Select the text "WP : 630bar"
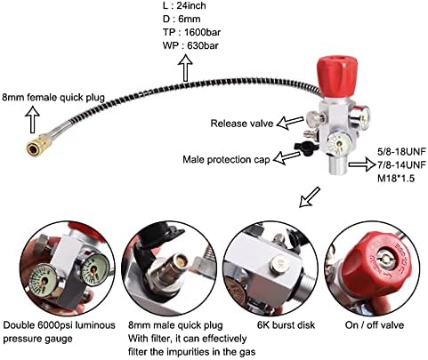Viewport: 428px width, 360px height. [x=190, y=45]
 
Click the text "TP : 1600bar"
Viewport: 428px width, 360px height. [x=191, y=32]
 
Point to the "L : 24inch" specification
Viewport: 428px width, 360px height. [x=184, y=5]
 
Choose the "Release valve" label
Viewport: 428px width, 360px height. [x=242, y=124]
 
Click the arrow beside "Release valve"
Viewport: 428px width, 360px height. [x=290, y=123]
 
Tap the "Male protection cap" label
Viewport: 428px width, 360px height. [x=226, y=159]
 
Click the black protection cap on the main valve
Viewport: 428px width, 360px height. [x=306, y=148]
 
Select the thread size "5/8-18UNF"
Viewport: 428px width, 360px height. [x=401, y=151]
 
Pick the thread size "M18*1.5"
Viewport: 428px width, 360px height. [x=396, y=178]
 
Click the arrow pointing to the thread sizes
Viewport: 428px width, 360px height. [x=362, y=164]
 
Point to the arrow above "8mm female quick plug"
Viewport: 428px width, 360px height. [x=32, y=120]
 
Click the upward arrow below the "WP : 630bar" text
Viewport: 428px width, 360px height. [x=185, y=68]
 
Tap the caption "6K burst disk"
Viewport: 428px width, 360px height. [x=286, y=325]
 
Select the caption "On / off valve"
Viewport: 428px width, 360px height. [x=375, y=325]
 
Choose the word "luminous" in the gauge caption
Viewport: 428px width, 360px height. [x=95, y=325]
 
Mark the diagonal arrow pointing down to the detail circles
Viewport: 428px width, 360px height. [x=310, y=196]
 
